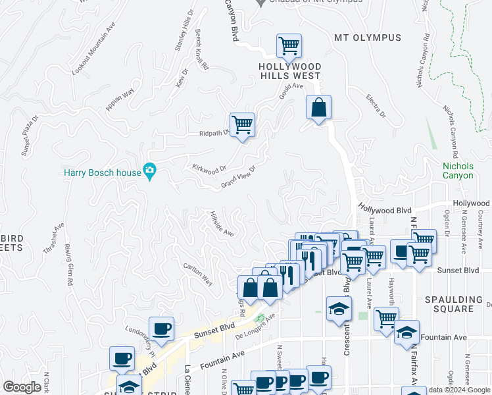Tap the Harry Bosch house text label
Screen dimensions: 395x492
(x=102, y=173)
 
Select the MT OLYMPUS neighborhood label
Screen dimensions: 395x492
(x=368, y=37)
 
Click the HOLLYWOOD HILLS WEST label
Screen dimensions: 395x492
(x=290, y=72)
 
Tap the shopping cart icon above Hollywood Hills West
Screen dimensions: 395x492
(x=289, y=46)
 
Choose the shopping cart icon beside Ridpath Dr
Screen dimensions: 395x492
(x=242, y=124)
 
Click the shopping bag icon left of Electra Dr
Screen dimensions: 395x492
(x=318, y=107)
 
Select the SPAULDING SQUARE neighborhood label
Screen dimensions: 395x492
(x=458, y=303)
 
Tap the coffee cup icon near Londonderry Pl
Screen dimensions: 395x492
(x=161, y=329)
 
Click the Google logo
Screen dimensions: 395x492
(x=22, y=386)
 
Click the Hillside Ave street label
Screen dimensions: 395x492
(x=222, y=223)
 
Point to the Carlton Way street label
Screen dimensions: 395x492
(x=198, y=274)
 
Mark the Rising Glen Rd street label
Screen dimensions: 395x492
(x=68, y=264)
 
